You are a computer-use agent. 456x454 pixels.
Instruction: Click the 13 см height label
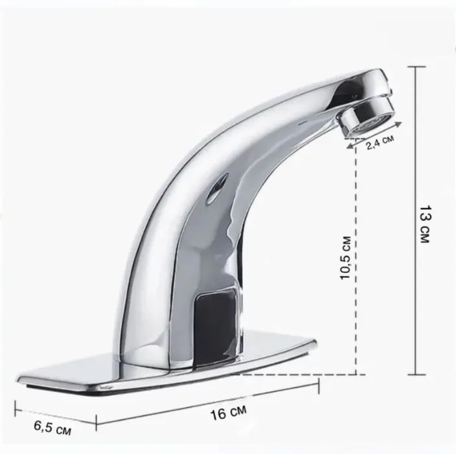click(426, 224)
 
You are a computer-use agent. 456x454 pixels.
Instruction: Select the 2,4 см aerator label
click(380, 142)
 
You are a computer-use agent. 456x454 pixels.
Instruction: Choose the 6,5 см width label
click(52, 427)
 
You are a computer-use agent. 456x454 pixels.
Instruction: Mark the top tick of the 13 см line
click(416, 67)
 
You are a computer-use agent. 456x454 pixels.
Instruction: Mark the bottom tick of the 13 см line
click(416, 374)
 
